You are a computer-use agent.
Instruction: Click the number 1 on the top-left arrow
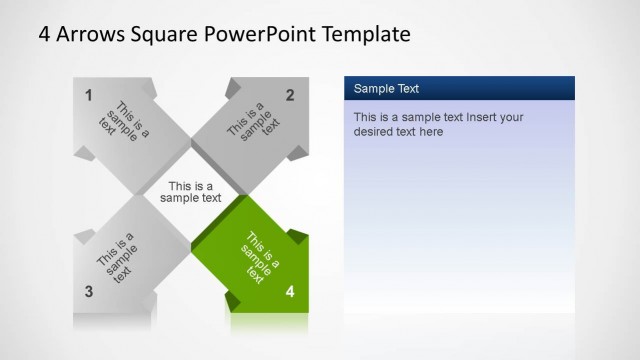coord(88,96)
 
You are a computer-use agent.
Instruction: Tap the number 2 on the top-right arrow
coord(290,96)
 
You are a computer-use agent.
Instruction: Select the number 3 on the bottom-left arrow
coord(88,292)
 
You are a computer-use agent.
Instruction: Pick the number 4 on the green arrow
coord(290,292)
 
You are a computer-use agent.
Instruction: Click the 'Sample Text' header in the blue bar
coord(386,89)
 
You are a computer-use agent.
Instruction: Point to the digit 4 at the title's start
coord(44,34)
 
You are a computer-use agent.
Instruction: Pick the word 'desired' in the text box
coord(375,131)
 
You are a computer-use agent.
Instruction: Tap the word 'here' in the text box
coord(431,131)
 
